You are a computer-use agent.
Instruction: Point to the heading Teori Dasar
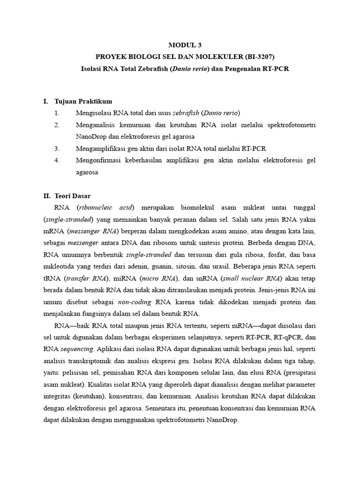point(75,195)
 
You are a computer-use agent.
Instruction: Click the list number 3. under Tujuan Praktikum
point(57,149)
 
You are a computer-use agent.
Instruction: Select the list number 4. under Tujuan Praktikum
point(57,160)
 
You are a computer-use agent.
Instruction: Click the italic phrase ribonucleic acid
point(106,207)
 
